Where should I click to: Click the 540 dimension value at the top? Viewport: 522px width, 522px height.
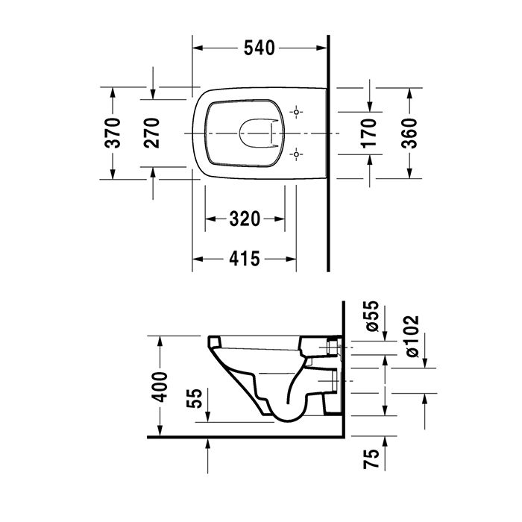260,48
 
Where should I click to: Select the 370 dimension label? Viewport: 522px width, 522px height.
113,133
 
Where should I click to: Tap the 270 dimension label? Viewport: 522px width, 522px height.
153,133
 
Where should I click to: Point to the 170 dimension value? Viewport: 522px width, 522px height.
369,133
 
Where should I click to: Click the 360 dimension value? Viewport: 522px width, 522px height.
409,133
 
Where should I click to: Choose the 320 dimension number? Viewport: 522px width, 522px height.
245,219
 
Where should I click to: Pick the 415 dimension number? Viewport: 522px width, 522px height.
245,259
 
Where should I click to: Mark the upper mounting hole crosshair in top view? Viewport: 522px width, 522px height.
297,113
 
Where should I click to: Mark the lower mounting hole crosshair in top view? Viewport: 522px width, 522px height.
297,154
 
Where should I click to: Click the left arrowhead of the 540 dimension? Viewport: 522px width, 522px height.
198,48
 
